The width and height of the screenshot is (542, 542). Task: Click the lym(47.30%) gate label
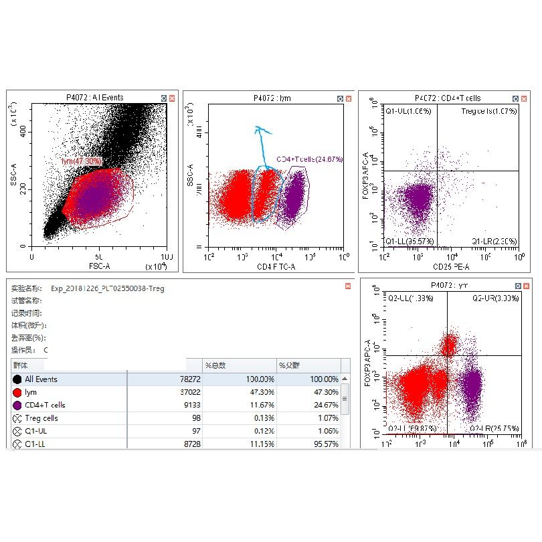81,161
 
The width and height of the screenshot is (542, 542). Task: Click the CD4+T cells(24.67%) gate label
309,159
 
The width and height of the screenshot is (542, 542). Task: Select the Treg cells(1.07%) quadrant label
489,110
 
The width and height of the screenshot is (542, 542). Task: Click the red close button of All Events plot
171,98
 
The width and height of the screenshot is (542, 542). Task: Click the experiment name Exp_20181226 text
107,288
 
